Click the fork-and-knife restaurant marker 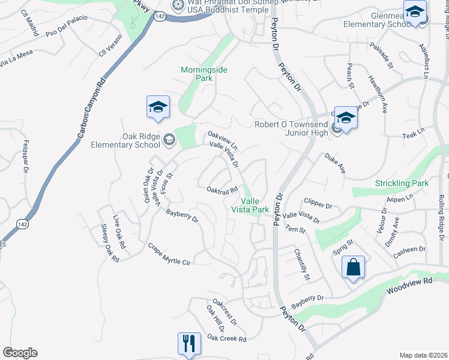(x=189, y=344)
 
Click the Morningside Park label (x=204, y=74)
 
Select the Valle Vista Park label (x=250, y=205)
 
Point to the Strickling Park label (x=401, y=182)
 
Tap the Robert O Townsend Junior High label (x=294, y=124)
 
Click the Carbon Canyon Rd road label (x=89, y=109)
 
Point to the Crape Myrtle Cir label (x=169, y=254)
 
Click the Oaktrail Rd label (x=223, y=191)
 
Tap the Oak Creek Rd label (x=227, y=339)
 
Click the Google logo (x=20, y=353)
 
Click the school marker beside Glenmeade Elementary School (x=415, y=12)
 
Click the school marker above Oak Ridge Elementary (x=158, y=107)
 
